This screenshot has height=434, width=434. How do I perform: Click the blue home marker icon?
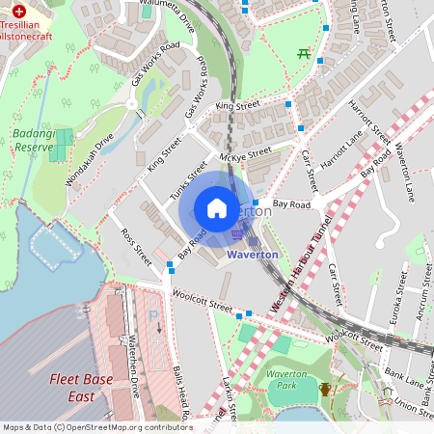[x=217, y=208]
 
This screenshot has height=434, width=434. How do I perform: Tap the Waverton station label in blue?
[x=252, y=255]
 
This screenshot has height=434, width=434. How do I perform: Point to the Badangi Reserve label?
[x=34, y=141]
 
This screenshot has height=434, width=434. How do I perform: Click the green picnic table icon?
[x=305, y=53]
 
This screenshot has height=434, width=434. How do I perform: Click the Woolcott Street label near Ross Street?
[x=203, y=301]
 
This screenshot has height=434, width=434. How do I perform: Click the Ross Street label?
[x=136, y=247]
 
